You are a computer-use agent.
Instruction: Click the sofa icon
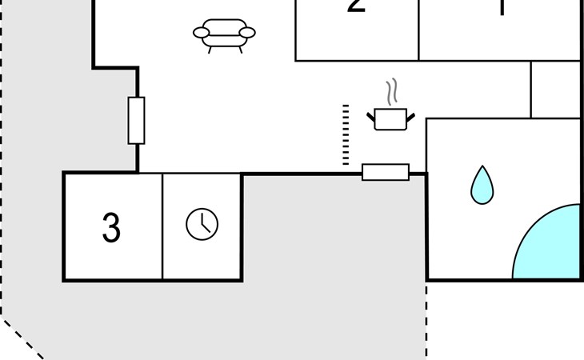click(224, 34)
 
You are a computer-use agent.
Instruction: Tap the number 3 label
click(111, 229)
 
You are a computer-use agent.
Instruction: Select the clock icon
click(202, 224)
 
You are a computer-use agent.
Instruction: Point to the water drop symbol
click(482, 186)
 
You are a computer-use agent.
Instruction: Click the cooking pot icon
click(390, 119)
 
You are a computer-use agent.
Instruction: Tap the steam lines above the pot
click(390, 92)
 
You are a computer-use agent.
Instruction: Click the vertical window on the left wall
click(137, 120)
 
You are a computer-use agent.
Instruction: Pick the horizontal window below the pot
click(386, 172)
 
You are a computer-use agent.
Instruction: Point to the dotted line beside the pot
click(346, 134)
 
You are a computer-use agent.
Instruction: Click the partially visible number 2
click(357, 7)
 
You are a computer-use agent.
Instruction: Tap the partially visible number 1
click(502, 8)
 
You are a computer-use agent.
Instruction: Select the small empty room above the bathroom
click(555, 89)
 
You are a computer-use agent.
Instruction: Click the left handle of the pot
click(372, 119)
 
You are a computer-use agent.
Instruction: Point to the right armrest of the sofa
click(247, 33)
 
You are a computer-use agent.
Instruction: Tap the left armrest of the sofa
click(201, 33)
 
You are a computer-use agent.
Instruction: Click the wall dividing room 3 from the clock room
click(162, 226)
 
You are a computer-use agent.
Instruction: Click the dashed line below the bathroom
click(426, 320)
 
